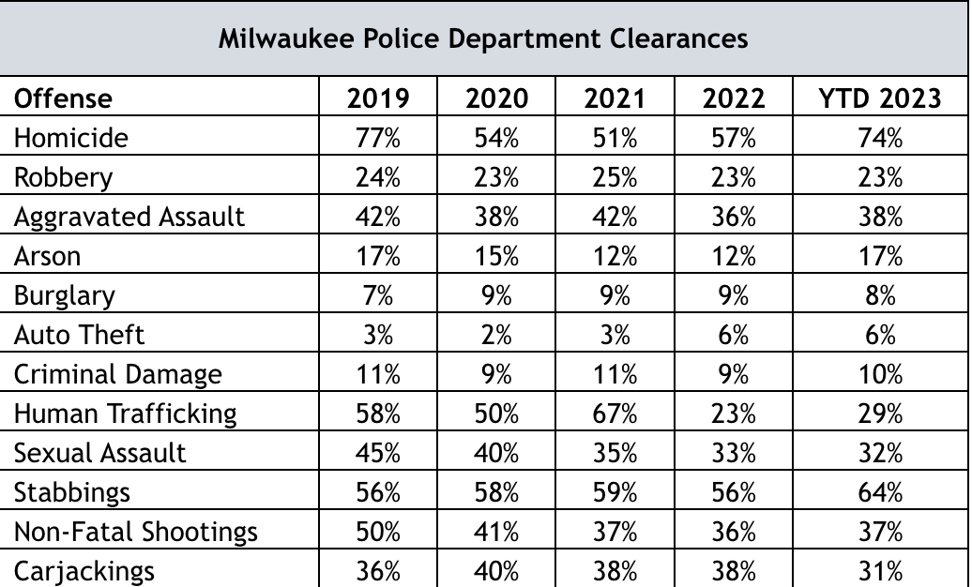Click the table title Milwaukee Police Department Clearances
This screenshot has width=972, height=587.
pos(483,39)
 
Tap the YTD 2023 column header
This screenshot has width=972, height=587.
pos(879,98)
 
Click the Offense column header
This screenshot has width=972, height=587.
pos(63,98)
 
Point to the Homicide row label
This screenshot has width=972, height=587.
pos(71,138)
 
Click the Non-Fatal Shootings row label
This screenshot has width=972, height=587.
pos(135,532)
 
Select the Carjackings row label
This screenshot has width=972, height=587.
pos(84,571)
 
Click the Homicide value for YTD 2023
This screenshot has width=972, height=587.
pos(879,138)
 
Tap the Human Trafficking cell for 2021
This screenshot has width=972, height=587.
pos(615,414)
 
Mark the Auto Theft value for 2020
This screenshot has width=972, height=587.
pos(496,335)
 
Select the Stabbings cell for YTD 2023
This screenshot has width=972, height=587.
pos(879,492)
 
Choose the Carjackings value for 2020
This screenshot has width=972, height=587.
pos(496,571)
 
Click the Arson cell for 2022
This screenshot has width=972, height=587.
pos(733,256)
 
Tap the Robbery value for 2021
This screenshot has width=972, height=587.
pos(615,177)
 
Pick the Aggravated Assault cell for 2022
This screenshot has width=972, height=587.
pos(733,217)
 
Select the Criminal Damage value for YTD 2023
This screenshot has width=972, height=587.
pos(879,374)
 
